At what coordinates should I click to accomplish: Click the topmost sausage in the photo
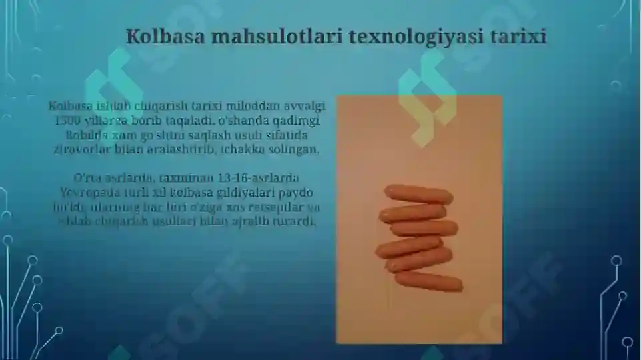click(418, 195)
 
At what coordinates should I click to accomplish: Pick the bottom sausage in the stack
click(428, 281)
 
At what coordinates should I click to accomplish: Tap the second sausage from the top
click(413, 213)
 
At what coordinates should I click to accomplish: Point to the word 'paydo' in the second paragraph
click(297, 193)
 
